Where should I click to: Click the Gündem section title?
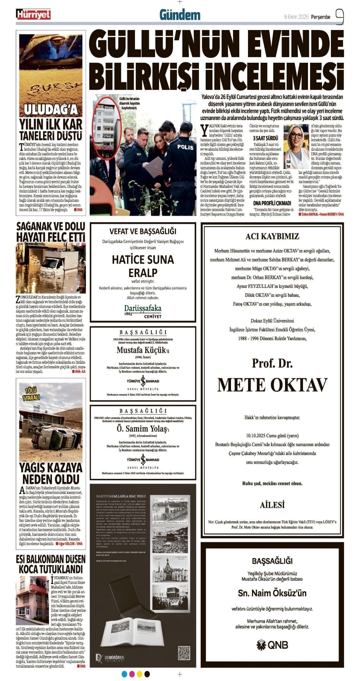[x=180, y=15]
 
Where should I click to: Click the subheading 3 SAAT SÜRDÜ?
[x=265, y=138]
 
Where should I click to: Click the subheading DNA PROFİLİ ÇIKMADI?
[x=272, y=203]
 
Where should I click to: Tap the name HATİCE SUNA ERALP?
[x=143, y=266]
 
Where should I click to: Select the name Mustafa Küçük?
[x=141, y=350]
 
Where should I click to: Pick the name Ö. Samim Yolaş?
[x=141, y=429]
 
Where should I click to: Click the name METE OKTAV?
[x=272, y=385]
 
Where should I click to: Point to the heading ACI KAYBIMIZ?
[x=272, y=236]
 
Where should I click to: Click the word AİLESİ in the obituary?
[x=272, y=505]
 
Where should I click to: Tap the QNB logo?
[x=272, y=645]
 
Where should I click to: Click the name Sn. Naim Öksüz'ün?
[x=272, y=593]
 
